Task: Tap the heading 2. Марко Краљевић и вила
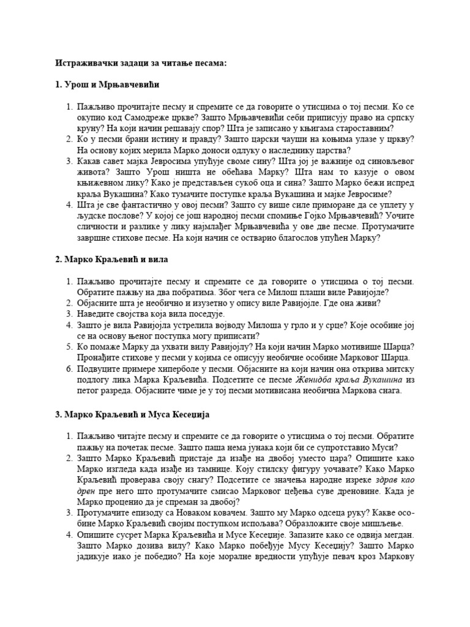click(111, 260)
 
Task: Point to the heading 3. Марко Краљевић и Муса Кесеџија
click(132, 415)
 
